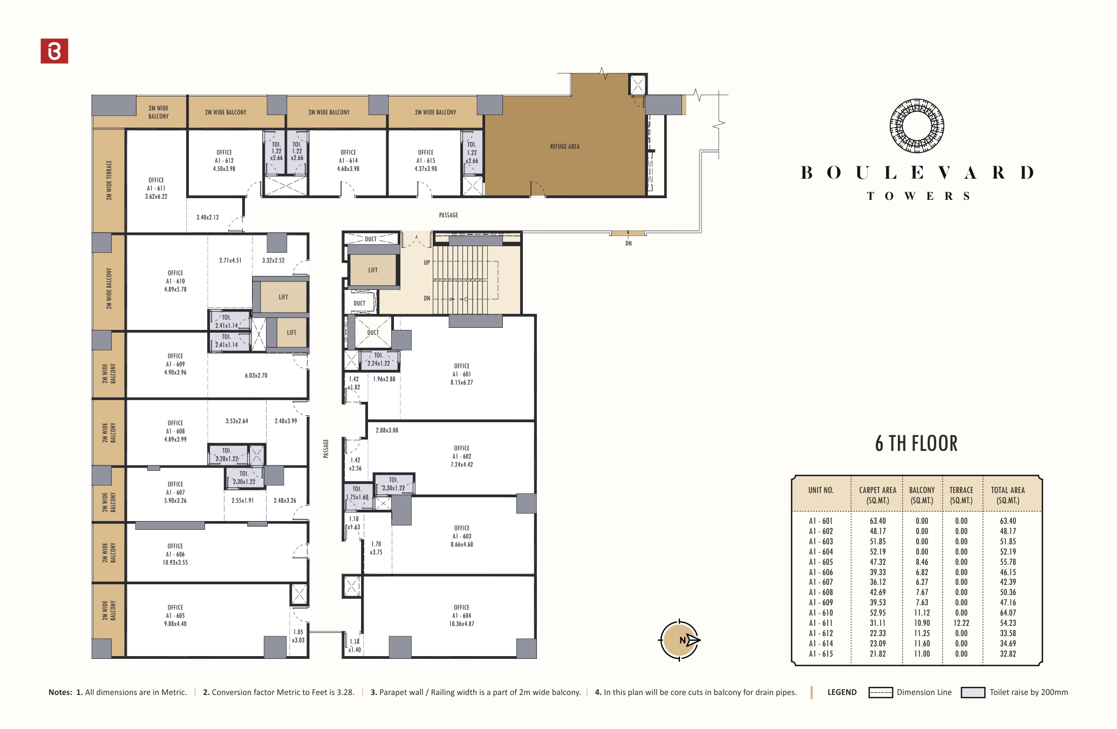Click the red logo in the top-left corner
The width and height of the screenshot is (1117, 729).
55,51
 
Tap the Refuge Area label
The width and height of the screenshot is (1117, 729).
564,146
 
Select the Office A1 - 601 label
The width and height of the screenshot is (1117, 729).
462,374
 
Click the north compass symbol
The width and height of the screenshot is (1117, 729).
679,640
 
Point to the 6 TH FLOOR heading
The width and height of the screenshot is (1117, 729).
916,444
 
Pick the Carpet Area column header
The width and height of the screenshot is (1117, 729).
877,495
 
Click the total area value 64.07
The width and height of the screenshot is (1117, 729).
1007,613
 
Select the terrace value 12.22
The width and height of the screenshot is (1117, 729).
961,623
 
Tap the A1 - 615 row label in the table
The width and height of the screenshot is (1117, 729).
820,654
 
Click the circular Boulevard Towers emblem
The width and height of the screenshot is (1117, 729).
916,126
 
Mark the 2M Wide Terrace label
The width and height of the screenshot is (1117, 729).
109,180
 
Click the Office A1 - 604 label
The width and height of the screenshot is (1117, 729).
462,616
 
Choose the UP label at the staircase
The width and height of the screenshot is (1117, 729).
427,263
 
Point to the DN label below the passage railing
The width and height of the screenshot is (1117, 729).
629,244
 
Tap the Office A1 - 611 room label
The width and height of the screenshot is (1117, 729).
156,188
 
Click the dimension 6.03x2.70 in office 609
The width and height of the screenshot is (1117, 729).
256,375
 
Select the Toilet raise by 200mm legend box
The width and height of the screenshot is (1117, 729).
973,692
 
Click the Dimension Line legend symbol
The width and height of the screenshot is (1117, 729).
880,692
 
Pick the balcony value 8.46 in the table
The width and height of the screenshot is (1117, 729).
922,562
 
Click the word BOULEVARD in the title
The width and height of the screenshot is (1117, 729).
916,173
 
